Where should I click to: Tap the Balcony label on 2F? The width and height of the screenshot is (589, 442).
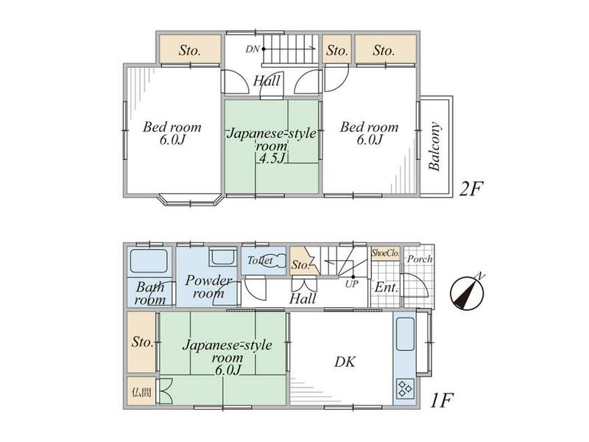pyautogui.click(x=434, y=147)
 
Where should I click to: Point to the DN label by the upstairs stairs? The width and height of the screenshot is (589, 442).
pyautogui.click(x=253, y=49)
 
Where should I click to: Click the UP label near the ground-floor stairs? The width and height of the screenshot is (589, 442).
pyautogui.click(x=352, y=284)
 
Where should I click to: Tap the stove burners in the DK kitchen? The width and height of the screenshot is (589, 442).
pyautogui.click(x=405, y=389)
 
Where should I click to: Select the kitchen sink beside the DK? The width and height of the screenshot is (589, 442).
pyautogui.click(x=405, y=334)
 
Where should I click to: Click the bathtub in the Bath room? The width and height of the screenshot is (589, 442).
pyautogui.click(x=149, y=261)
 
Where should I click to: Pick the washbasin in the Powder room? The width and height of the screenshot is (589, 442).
pyautogui.click(x=222, y=257)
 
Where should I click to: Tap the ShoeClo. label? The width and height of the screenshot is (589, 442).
pyautogui.click(x=385, y=252)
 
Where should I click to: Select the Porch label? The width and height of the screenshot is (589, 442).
pyautogui.click(x=420, y=259)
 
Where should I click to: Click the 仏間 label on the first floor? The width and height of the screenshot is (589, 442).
pyautogui.click(x=141, y=393)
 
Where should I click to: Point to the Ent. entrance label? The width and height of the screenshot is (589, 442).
pyautogui.click(x=386, y=288)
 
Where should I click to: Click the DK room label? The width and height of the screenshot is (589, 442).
pyautogui.click(x=345, y=362)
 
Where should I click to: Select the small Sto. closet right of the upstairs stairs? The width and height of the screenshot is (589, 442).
pyautogui.click(x=337, y=49)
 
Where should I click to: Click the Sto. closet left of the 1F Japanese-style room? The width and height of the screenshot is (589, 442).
pyautogui.click(x=141, y=342)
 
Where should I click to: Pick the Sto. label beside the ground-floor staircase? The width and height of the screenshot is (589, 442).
pyautogui.click(x=300, y=265)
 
